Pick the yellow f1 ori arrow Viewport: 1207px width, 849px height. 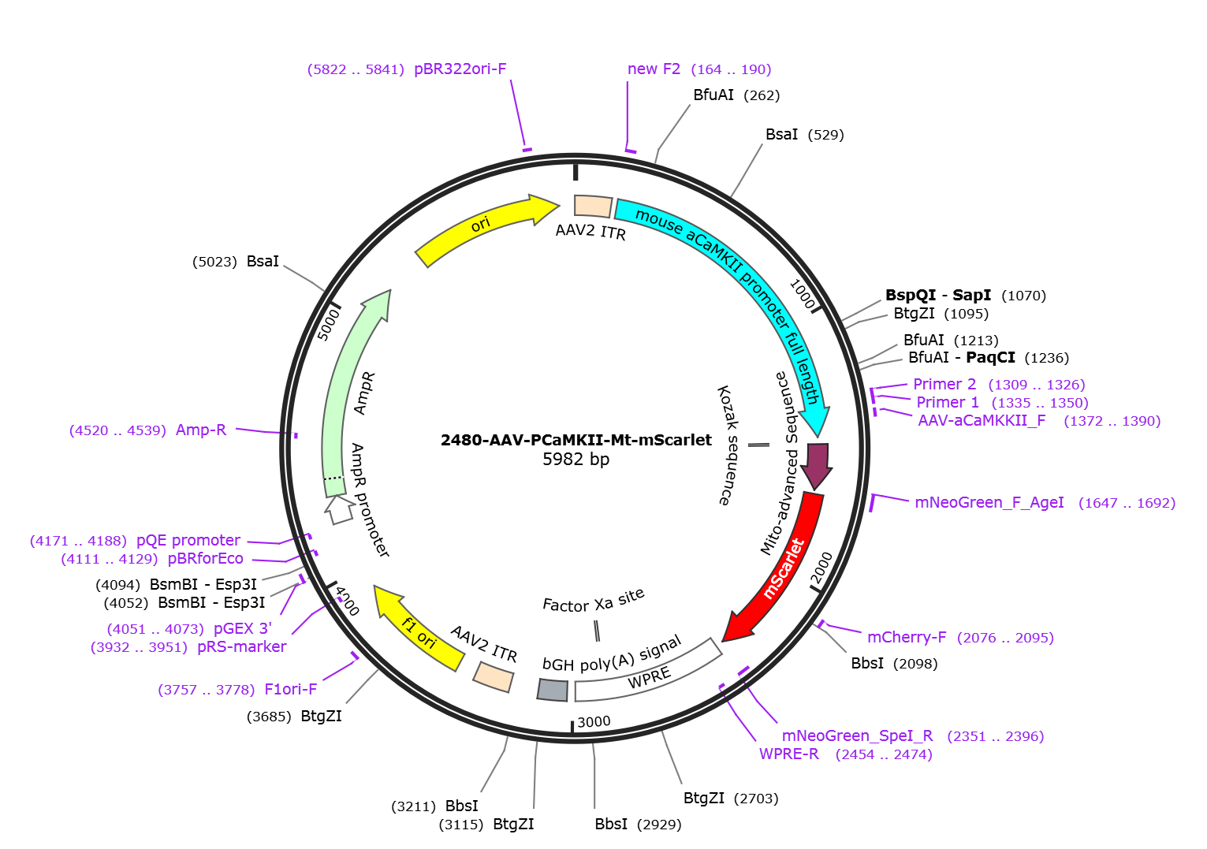[x=418, y=627]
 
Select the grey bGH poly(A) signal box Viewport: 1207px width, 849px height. [x=553, y=690]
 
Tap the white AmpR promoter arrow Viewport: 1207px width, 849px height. [x=340, y=510]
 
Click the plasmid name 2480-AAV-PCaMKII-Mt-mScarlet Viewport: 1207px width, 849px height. [x=576, y=440]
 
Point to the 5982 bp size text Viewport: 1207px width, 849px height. [x=576, y=460]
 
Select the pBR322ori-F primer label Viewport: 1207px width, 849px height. [x=460, y=69]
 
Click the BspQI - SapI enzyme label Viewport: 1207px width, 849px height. [x=938, y=295]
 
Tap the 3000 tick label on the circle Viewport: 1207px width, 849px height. [x=594, y=722]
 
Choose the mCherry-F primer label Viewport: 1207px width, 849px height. [x=907, y=637]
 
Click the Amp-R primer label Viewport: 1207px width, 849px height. [x=201, y=430]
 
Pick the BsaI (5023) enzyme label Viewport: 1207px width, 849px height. [x=236, y=261]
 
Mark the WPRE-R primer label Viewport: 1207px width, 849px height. [x=789, y=754]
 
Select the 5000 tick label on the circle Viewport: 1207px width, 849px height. [x=328, y=324]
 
